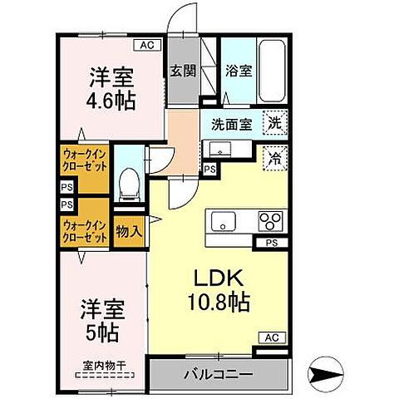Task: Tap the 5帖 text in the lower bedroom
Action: pyautogui.click(x=103, y=333)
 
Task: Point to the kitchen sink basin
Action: pyautogui.click(x=224, y=222)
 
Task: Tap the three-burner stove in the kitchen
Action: pyautogui.click(x=271, y=222)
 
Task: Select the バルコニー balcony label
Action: pyautogui.click(x=219, y=374)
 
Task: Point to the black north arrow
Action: pyautogui.click(x=326, y=372)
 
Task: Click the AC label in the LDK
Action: pyautogui.click(x=271, y=337)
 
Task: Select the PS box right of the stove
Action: pyautogui.click(x=271, y=243)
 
